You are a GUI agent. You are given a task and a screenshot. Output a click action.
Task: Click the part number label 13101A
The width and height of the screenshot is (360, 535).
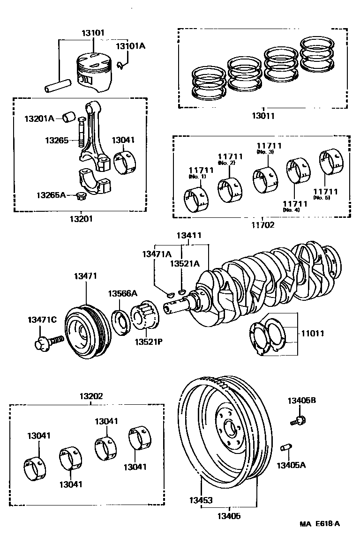coord(130,46)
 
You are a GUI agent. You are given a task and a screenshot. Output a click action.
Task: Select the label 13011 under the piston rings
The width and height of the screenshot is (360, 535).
coord(262,116)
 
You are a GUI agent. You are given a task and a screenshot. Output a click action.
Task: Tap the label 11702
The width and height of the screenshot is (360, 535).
coord(262,224)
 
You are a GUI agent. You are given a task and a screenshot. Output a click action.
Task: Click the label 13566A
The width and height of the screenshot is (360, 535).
coord(122,293)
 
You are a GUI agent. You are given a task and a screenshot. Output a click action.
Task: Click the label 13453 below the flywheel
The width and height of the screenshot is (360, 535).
coord(201,500)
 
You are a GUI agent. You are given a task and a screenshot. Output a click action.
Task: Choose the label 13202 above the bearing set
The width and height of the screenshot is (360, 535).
coord(90,396)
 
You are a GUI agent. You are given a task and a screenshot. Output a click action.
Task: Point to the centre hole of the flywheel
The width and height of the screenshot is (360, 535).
coord(231,427)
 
